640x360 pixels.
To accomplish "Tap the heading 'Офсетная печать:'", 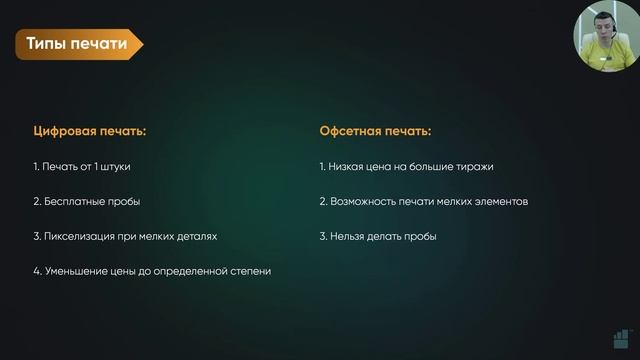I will (x=375, y=131).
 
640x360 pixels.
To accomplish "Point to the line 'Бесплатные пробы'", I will (x=86, y=201).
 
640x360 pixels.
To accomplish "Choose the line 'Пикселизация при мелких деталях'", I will (x=124, y=236).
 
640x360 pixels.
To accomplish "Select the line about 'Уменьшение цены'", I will (x=151, y=271).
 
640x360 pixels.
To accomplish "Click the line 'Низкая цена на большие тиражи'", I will (x=406, y=166).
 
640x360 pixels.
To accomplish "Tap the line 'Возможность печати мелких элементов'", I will (x=423, y=201).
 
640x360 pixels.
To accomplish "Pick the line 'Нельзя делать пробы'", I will (x=378, y=236).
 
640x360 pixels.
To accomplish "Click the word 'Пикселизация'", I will (x=78, y=236).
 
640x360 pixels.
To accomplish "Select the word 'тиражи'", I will (x=476, y=166).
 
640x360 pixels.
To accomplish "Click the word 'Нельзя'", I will (x=346, y=236).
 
